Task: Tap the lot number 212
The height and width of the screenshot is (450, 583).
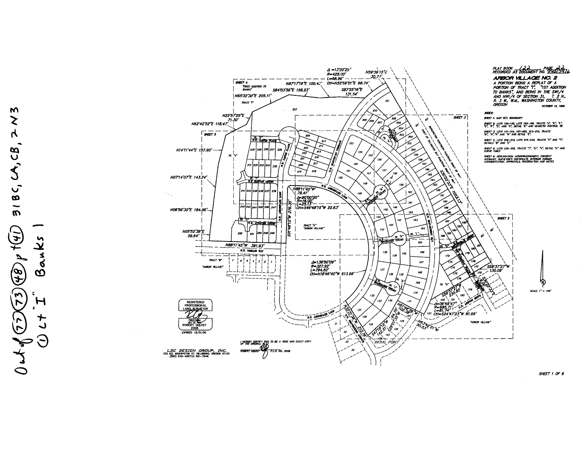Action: pos(295,109)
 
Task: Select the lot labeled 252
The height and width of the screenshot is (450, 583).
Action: pos(240,233)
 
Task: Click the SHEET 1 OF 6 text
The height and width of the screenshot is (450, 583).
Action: pos(551,374)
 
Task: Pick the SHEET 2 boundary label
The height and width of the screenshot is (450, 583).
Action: pos(503,218)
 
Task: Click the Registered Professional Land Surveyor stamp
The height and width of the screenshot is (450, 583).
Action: pos(196,315)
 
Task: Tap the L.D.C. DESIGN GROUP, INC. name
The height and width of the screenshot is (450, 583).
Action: pos(196,351)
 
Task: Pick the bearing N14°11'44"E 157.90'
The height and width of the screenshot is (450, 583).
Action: pos(194,150)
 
